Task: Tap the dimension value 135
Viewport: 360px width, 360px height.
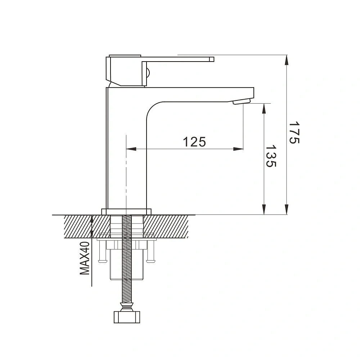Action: [x=271, y=156]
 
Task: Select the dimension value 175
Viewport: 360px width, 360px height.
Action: [x=294, y=132]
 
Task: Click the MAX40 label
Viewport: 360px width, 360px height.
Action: [x=85, y=258]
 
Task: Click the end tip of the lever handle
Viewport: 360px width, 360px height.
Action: [x=212, y=59]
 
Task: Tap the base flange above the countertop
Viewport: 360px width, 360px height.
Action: [x=126, y=212]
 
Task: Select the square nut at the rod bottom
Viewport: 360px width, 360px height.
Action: [x=127, y=317]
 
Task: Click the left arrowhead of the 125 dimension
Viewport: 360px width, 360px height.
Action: [x=131, y=149]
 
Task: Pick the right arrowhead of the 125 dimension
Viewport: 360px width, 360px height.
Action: [x=238, y=149]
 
